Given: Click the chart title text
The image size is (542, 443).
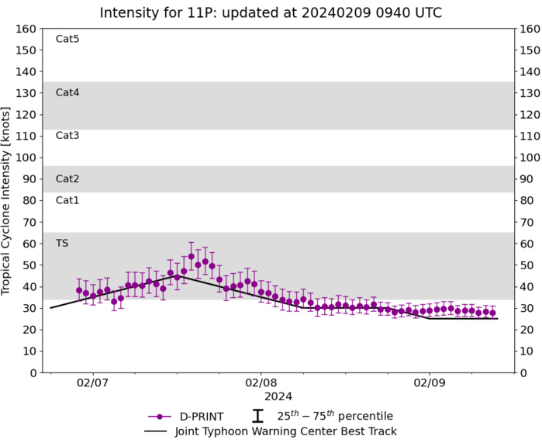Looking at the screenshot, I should (x=271, y=12).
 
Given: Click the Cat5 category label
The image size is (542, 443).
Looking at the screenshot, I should (x=67, y=39).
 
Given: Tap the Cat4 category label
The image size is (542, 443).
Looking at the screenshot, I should (x=67, y=92).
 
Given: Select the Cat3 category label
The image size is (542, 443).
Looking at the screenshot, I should (x=67, y=136).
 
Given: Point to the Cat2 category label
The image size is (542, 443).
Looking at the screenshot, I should (x=67, y=178).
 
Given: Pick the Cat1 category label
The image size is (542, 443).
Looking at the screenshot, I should (x=67, y=200).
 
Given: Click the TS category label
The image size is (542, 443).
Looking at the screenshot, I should (x=62, y=243).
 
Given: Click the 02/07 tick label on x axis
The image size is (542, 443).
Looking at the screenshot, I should (x=92, y=383).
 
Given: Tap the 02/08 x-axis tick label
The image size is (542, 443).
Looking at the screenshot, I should (x=261, y=383).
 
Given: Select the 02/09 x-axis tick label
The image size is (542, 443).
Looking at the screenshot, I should (x=430, y=383).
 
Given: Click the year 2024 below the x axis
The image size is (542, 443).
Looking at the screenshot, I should (x=261, y=396).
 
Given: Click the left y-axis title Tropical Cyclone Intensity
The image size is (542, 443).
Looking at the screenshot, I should (x=7, y=200).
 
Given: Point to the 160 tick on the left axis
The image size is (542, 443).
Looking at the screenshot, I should (x=27, y=29).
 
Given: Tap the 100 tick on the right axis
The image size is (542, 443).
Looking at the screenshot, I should (x=530, y=157).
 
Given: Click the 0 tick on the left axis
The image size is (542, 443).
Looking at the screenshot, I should (x=33, y=372).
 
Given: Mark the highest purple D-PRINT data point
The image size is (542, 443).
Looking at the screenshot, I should (x=192, y=256).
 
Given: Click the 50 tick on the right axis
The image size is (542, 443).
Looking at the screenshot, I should (x=527, y=265).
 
